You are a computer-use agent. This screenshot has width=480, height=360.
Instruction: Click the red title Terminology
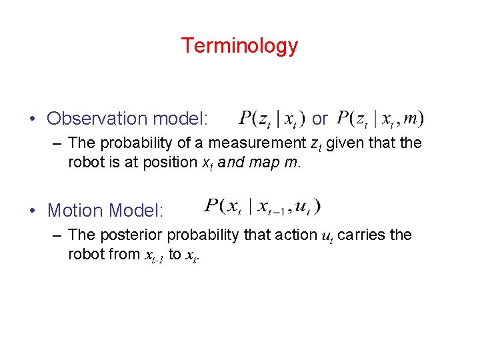tap(239, 45)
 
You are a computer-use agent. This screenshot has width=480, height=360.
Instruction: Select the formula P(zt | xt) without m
tap(269, 119)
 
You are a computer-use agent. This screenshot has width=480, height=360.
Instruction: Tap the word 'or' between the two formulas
tap(319, 119)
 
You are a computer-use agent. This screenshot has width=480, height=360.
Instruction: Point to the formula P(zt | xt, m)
tap(380, 119)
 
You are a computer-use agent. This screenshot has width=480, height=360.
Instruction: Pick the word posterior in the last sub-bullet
tap(135, 235)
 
